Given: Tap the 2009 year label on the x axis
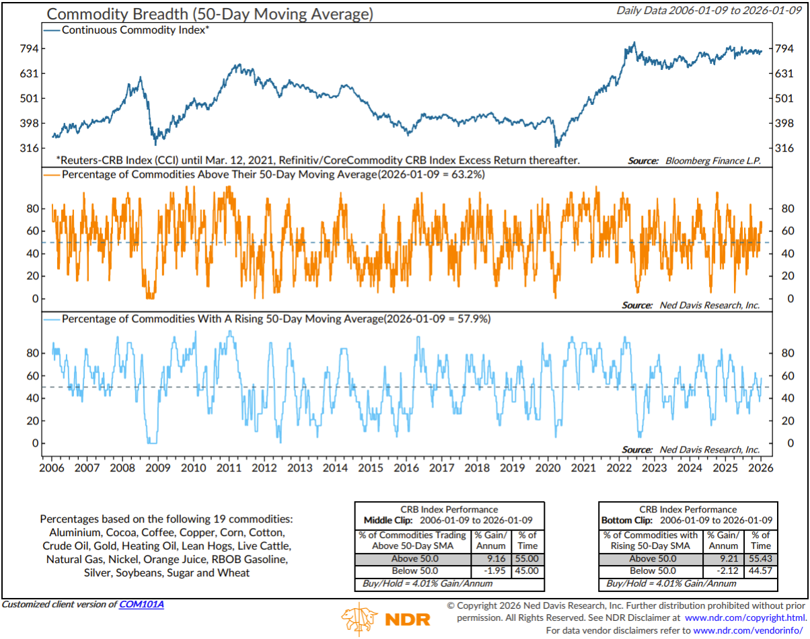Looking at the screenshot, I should pyautogui.click(x=158, y=467).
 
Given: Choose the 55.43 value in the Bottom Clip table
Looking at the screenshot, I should pyautogui.click(x=761, y=558).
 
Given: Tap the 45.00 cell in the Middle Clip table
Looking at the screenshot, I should pyautogui.click(x=528, y=570).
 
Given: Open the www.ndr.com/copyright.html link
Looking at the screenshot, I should pyautogui.click(x=745, y=617).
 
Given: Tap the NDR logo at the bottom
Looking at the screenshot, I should pyautogui.click(x=385, y=617).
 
